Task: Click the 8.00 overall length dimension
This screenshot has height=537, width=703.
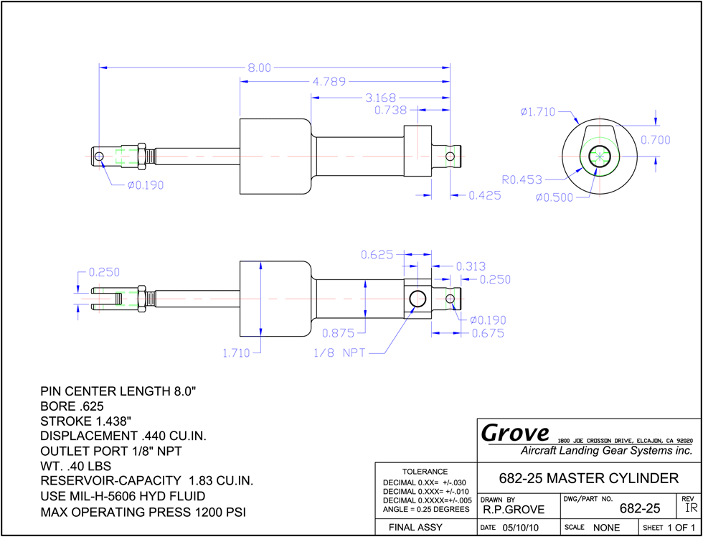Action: point(260,67)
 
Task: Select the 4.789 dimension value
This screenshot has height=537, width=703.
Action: point(329,82)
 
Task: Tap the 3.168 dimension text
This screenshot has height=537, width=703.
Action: point(379,98)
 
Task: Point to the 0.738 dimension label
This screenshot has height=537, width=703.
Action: point(390,110)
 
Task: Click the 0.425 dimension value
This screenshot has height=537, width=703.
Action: point(485,195)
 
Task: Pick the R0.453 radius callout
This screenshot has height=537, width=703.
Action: point(522,180)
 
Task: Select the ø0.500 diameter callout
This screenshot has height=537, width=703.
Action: point(554,197)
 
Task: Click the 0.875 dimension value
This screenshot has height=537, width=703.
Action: point(338,333)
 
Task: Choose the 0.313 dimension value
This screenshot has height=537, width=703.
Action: point(471,266)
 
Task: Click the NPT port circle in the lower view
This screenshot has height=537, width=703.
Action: point(417,299)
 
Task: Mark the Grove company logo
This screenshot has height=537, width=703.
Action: point(515,433)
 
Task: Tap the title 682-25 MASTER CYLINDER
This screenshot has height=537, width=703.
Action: point(589,478)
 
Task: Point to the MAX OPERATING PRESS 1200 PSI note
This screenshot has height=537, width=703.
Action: point(143,512)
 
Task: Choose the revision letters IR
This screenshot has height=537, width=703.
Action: point(689,508)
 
